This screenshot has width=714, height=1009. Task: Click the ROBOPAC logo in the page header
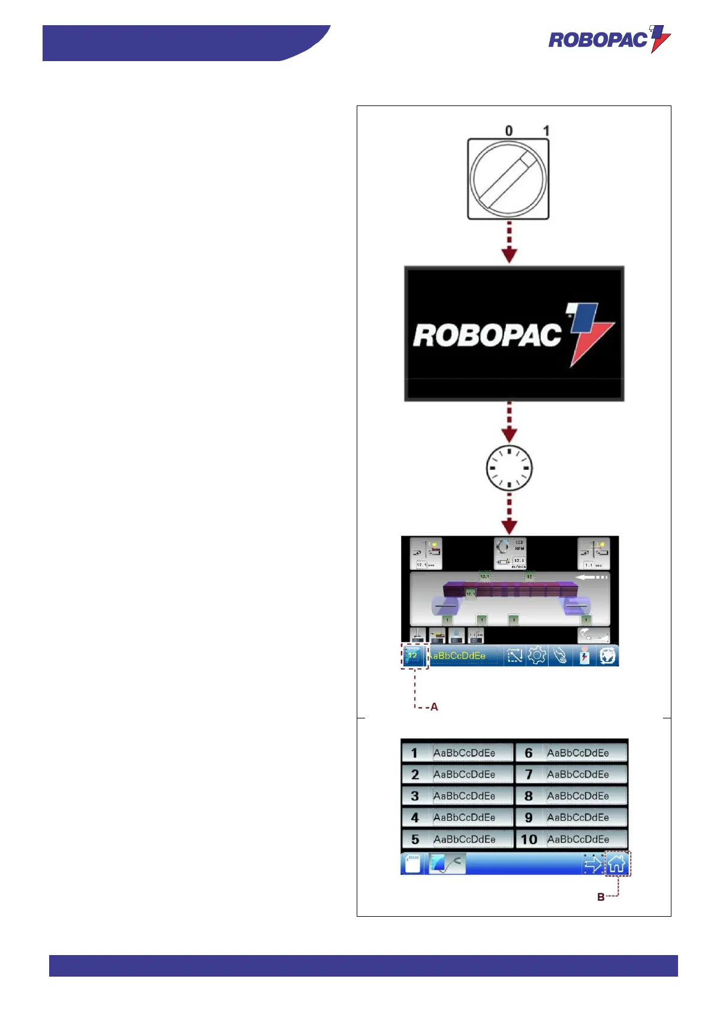pyautogui.click(x=609, y=40)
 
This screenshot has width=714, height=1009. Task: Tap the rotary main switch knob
pyautogui.click(x=508, y=179)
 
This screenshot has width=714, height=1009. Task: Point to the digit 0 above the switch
pyautogui.click(x=509, y=131)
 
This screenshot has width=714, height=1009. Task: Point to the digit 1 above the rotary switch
pyautogui.click(x=546, y=131)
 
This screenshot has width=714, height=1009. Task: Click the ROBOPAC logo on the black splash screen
pyautogui.click(x=514, y=334)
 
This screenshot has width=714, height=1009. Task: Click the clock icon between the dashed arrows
pyautogui.click(x=509, y=468)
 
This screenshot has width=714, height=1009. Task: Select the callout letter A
pyautogui.click(x=434, y=707)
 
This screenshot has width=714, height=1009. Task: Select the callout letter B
pyautogui.click(x=601, y=897)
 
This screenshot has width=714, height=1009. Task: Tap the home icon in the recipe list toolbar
pyautogui.click(x=617, y=864)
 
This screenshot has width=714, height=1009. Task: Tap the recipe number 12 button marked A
pyautogui.click(x=413, y=655)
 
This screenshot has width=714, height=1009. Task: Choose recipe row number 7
pyautogui.click(x=571, y=774)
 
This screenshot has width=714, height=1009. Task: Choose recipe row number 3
pyautogui.click(x=457, y=796)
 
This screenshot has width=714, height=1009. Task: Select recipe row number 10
pyautogui.click(x=571, y=839)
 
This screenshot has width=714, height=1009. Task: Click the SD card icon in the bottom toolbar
pyautogui.click(x=412, y=863)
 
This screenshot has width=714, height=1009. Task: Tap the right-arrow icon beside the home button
pyautogui.click(x=593, y=864)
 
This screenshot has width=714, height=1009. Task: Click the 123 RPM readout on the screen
pyautogui.click(x=518, y=545)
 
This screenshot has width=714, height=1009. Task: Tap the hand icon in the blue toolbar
pyautogui.click(x=561, y=655)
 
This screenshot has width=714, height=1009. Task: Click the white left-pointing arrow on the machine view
pyautogui.click(x=592, y=577)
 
